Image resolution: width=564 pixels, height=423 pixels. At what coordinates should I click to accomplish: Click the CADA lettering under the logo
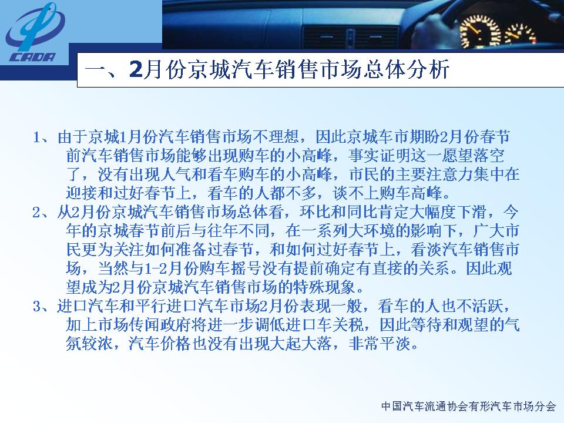[33, 57]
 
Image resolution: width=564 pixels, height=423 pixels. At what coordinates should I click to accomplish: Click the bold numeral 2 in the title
[136, 69]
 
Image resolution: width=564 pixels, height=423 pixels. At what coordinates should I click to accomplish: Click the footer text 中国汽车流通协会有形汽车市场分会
[468, 407]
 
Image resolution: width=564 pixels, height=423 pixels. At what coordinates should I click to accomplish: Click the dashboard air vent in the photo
[350, 36]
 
